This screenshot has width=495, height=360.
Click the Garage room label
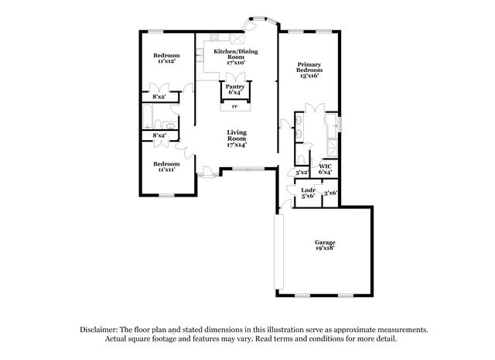325,242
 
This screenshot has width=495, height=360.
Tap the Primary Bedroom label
309,67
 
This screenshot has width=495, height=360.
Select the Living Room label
237,135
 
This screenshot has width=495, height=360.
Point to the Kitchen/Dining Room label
236,54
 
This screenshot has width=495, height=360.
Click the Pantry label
235,87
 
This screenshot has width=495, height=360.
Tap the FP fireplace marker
234,107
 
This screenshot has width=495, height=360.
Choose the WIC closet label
325,166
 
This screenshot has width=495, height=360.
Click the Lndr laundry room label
308,190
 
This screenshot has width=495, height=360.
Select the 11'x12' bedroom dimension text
166,61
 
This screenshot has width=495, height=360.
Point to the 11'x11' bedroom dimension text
166,170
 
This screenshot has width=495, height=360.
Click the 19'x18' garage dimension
325,249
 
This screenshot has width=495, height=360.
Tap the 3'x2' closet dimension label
302,173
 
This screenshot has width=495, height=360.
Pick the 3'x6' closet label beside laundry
330,193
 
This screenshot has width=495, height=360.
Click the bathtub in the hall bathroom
148,116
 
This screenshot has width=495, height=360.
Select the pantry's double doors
235,77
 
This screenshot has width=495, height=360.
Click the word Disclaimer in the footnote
99,330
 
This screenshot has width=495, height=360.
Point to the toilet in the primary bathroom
301,159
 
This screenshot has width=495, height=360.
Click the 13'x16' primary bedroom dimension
309,76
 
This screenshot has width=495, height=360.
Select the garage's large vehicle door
279,252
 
